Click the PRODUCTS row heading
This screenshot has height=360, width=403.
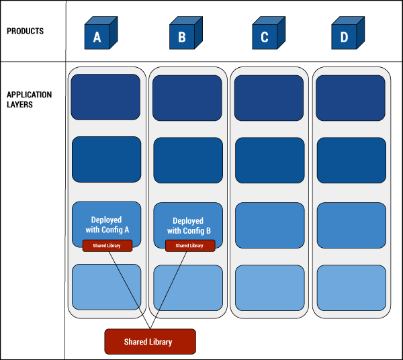pyautogui.click(x=25, y=31)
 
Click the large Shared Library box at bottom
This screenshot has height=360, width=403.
pyautogui.click(x=150, y=341)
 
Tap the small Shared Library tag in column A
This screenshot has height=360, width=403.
pyautogui.click(x=107, y=246)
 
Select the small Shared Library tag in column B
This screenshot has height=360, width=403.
pyautogui.click(x=190, y=246)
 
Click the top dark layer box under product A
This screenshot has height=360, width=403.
pyautogui.click(x=106, y=97)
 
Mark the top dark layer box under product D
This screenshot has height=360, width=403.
pyautogui.click(x=351, y=98)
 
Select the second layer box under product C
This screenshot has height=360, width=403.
pyautogui.click(x=269, y=161)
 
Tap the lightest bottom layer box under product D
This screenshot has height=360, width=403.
pyautogui.click(x=351, y=287)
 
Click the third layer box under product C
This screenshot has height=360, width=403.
pyautogui.click(x=269, y=224)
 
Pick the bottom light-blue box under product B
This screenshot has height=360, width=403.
pyautogui.click(x=188, y=287)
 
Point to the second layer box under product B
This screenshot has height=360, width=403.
pyautogui.click(x=188, y=161)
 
